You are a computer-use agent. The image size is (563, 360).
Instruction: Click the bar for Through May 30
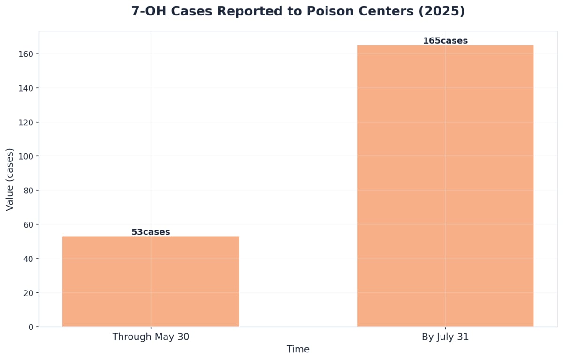pyautogui.click(x=151, y=282)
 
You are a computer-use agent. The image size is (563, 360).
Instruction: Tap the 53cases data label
pyautogui.click(x=151, y=232)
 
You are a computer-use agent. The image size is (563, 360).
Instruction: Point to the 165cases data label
pyautogui.click(x=445, y=41)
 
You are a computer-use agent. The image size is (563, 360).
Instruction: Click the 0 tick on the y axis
pyautogui.click(x=31, y=327)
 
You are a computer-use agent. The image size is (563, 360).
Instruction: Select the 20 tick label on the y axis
pyautogui.click(x=29, y=293)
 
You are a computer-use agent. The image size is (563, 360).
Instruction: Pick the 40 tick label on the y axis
pyautogui.click(x=29, y=259)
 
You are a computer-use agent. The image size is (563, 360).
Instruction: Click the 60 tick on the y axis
pyautogui.click(x=29, y=224)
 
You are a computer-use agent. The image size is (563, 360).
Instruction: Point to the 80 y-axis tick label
pyautogui.click(x=29, y=191)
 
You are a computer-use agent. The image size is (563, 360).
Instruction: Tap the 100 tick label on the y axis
pyautogui.click(x=27, y=156)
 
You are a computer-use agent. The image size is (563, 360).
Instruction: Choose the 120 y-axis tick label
pyautogui.click(x=27, y=122)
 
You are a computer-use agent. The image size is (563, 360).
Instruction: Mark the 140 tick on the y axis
pyautogui.click(x=27, y=88)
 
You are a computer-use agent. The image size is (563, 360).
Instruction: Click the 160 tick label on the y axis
pyautogui.click(x=27, y=54)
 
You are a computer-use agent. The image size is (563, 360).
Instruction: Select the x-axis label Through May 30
pyautogui.click(x=151, y=337)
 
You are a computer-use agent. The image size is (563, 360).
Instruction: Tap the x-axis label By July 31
pyautogui.click(x=445, y=337)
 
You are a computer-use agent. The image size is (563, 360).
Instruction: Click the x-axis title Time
pyautogui.click(x=298, y=350)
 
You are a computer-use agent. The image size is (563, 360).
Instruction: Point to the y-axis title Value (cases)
pyautogui.click(x=10, y=179)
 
